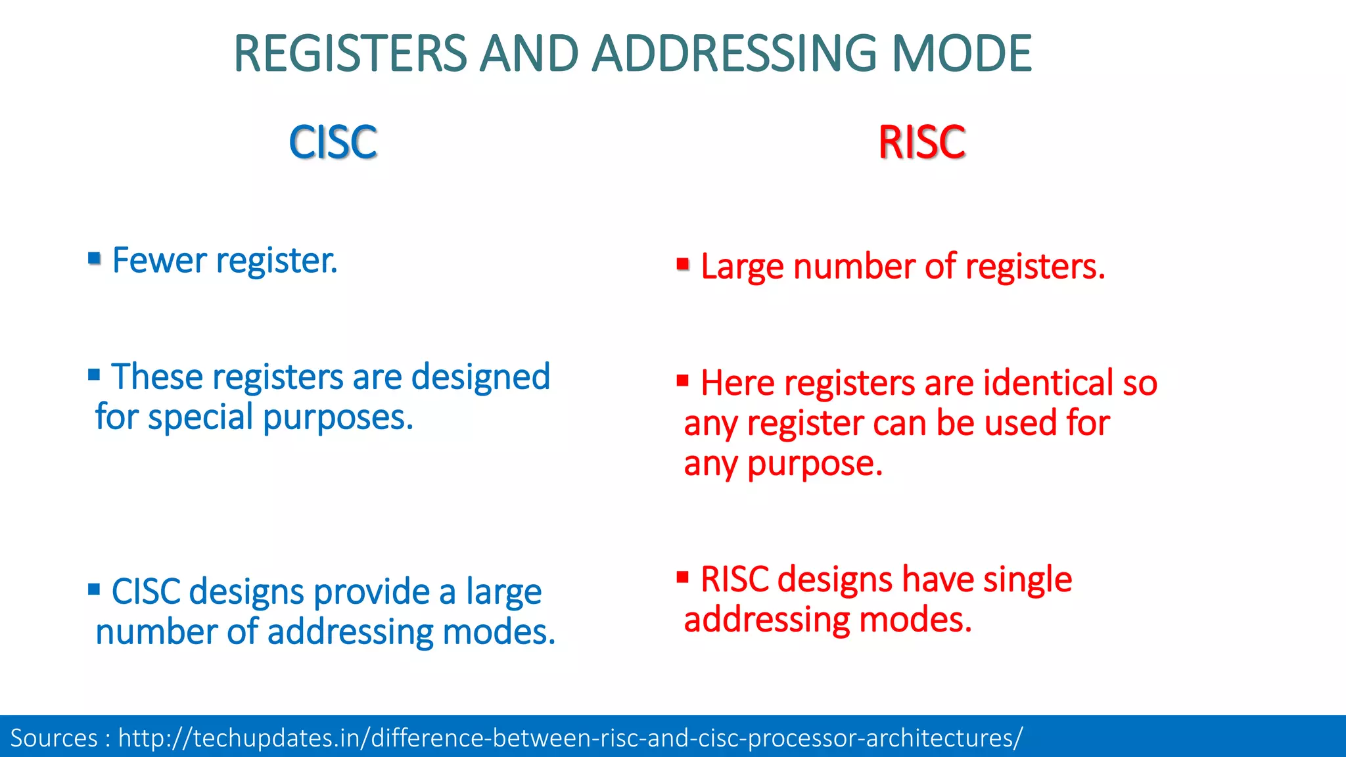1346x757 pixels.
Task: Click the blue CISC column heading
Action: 333,142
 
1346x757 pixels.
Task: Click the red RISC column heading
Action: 921,142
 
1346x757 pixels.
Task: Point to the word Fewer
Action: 160,260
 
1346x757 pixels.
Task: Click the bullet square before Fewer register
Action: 94,258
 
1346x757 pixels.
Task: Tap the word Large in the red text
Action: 742,267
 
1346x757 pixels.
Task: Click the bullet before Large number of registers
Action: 683,264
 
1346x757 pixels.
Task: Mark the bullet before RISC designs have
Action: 682,577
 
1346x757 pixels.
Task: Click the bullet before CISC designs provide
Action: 94,589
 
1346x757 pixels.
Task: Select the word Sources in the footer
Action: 54,738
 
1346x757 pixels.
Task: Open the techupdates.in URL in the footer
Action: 570,738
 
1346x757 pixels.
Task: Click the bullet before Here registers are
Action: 682,380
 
